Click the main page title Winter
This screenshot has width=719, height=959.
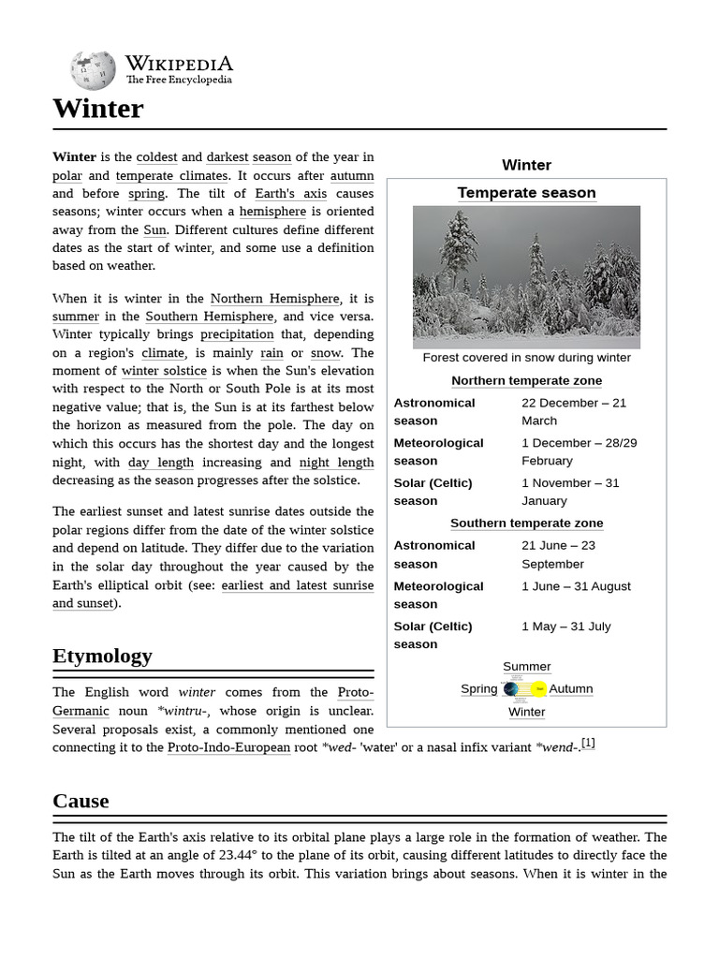point(98,109)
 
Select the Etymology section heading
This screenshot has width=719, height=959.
point(102,656)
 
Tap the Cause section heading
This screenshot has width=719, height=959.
point(81,801)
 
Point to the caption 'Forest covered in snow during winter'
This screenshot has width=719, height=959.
point(526,358)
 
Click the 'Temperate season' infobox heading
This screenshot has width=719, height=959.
point(526,193)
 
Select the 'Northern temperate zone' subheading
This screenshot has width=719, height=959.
point(526,380)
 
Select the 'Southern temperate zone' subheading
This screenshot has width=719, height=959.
point(526,523)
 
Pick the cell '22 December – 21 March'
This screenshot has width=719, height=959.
point(573,411)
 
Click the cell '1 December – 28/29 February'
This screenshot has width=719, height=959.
point(579,451)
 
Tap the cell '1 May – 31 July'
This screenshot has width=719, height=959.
point(565,626)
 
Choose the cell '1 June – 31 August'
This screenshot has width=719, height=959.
point(576,586)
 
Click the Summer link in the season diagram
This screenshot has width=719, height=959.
point(526,667)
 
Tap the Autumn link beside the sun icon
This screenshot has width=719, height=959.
point(570,688)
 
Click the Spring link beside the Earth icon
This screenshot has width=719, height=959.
point(478,688)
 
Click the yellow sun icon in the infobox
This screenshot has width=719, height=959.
point(539,689)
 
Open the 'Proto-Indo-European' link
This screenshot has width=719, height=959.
point(228,747)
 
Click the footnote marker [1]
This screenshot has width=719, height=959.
point(588,744)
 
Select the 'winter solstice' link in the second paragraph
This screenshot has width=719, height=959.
point(164,371)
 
